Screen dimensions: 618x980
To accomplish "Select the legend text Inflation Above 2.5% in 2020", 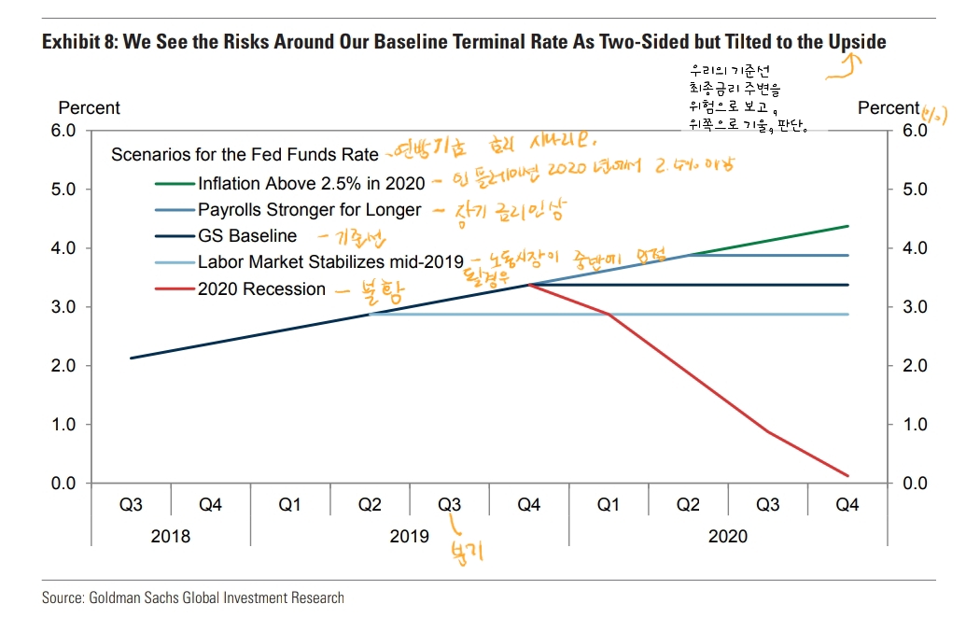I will pos(311,183).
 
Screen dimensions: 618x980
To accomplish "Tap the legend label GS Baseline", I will pos(247,236).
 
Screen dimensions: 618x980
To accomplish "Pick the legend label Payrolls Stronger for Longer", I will pos(309,210).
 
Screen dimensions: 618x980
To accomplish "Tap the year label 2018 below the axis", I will pos(170,536).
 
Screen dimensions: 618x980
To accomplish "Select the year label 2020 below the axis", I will pos(728,536).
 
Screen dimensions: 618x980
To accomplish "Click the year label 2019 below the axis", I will pos(410,536).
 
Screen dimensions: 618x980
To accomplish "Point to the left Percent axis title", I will pos(89,108).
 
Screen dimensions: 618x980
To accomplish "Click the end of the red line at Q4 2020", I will pos(847,476).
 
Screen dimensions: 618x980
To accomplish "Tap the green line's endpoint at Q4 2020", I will pos(847,226).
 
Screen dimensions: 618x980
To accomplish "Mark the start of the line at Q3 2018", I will pos(131,358).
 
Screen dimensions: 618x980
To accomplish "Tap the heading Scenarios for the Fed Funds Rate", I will pos(245,154).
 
